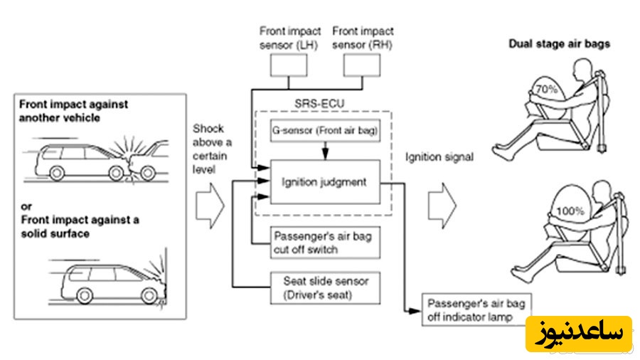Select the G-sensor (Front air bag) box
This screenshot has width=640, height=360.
click(324, 132)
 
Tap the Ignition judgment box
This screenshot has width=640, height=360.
click(324, 182)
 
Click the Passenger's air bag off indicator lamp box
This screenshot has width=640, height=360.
click(474, 310)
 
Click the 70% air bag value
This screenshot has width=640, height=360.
click(548, 90)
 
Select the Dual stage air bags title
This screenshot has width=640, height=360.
click(559, 43)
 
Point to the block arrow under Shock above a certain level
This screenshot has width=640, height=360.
click(210, 203)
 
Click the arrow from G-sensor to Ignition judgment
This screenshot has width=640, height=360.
click(325, 151)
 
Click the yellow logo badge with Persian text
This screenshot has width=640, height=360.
click(578, 333)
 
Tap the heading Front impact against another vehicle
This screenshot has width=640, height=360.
click(73, 111)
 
